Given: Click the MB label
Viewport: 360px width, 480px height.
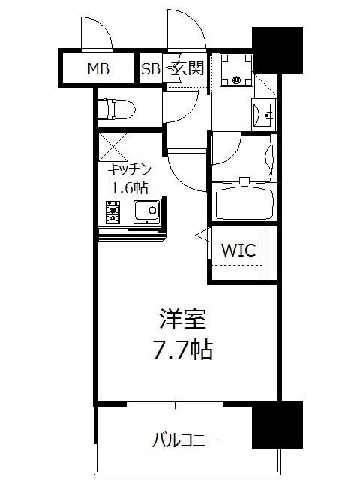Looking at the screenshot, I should pos(98,69).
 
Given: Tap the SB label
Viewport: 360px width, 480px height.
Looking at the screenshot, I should pos(151,69).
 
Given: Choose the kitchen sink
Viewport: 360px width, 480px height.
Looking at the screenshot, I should pos(146,212).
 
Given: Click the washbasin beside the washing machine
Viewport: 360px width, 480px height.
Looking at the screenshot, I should pos(265,115).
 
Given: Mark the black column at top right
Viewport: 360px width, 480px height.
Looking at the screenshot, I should pos(277,50).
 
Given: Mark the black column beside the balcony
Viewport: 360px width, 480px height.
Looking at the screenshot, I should pos(277,424).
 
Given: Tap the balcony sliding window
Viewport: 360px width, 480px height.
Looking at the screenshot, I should pos(175,405).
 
